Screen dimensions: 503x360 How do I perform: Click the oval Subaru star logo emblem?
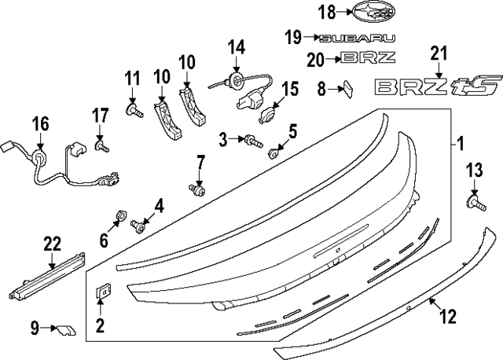pos(374,12)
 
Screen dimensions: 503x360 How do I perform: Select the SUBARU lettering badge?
pos(358,39)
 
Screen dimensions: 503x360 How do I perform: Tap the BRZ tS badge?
pos(438,86)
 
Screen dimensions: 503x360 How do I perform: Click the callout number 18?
pos(327,12)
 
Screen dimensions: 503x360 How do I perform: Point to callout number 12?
pos(448,316)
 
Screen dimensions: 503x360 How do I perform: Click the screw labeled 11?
pos(134,111)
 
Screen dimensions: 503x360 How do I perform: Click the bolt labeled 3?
pos(253,141)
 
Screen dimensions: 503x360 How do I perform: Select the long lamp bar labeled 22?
pos(47,276)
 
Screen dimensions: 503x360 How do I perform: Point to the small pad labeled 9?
pos(66,330)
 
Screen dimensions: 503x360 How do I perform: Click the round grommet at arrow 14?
pos(237,80)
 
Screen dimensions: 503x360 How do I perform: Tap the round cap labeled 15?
pos(266,116)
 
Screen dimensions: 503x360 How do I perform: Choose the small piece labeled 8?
pos(348,89)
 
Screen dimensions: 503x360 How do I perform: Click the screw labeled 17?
pos(101,146)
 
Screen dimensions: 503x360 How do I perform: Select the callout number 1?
pos(461,144)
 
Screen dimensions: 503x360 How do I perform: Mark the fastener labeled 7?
pos(197,189)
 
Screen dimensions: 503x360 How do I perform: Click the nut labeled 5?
pos(274,153)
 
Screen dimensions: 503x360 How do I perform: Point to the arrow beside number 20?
pos(333,59)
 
